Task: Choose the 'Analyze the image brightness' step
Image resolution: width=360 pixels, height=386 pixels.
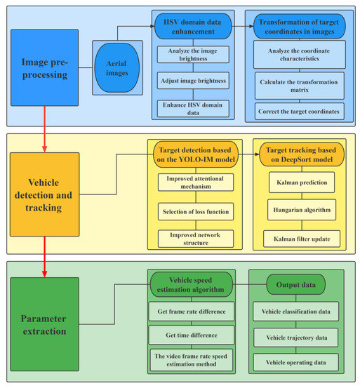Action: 192,55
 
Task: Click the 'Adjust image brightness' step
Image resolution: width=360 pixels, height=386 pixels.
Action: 192,81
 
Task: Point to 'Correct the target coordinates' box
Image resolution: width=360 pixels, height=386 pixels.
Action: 299,110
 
